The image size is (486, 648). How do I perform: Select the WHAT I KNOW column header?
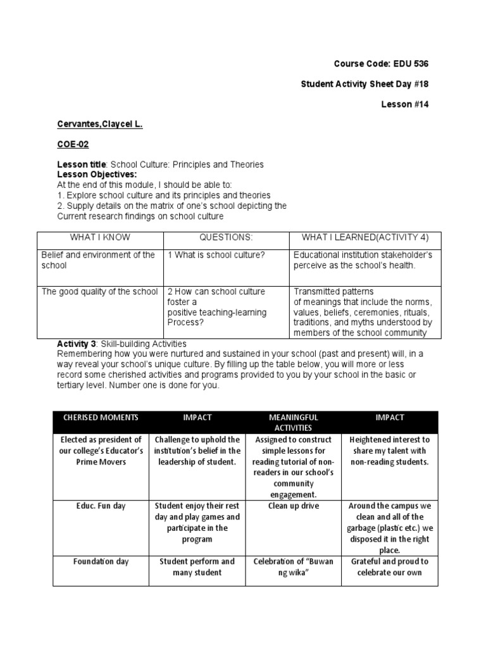tap(100, 237)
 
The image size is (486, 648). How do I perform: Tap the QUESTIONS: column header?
tap(226, 237)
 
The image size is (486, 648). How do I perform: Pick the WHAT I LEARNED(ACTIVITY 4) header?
tap(365, 237)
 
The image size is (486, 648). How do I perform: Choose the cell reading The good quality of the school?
tap(99, 292)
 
